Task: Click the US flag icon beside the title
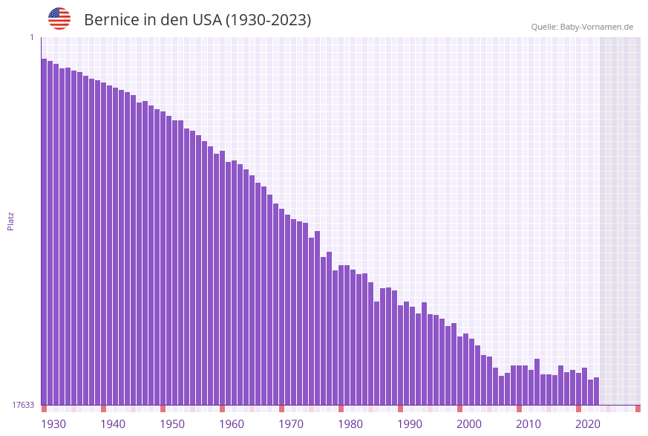click(59, 19)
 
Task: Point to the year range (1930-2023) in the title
click(268, 20)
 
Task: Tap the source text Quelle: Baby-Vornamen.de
click(582, 27)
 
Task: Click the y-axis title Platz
click(11, 221)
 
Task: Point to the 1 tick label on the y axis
click(32, 37)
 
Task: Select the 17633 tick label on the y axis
click(23, 405)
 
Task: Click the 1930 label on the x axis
click(53, 424)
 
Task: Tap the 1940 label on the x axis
click(113, 424)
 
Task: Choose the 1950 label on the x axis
click(172, 424)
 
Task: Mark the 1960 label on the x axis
click(232, 424)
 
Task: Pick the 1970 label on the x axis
click(291, 424)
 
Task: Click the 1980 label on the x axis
click(350, 424)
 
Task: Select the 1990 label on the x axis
click(410, 424)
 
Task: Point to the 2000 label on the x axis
click(469, 424)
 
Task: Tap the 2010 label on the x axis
click(528, 424)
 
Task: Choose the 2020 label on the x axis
click(588, 424)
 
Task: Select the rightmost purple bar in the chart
click(596, 391)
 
